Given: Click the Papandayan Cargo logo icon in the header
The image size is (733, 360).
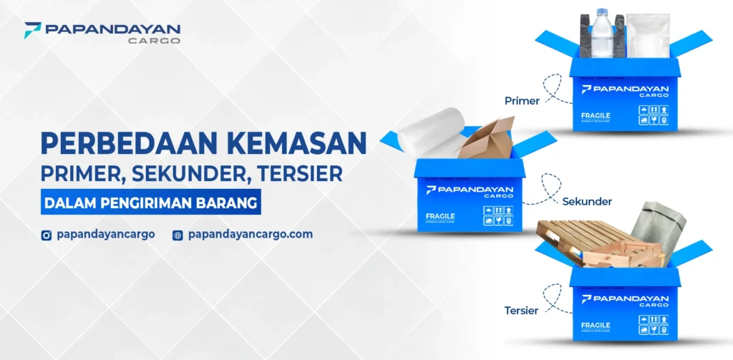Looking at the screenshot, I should point(31,30).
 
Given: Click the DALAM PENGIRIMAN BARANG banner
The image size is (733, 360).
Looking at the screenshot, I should point(150,203).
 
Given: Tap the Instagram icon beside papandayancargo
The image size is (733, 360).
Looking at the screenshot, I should point(47,235).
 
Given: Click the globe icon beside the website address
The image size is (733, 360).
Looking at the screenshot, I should point(178,235).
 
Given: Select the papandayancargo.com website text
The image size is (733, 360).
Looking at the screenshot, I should point(250,234).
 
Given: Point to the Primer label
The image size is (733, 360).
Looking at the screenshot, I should point(522,101).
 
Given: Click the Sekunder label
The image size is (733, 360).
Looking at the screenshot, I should point(587,201).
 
